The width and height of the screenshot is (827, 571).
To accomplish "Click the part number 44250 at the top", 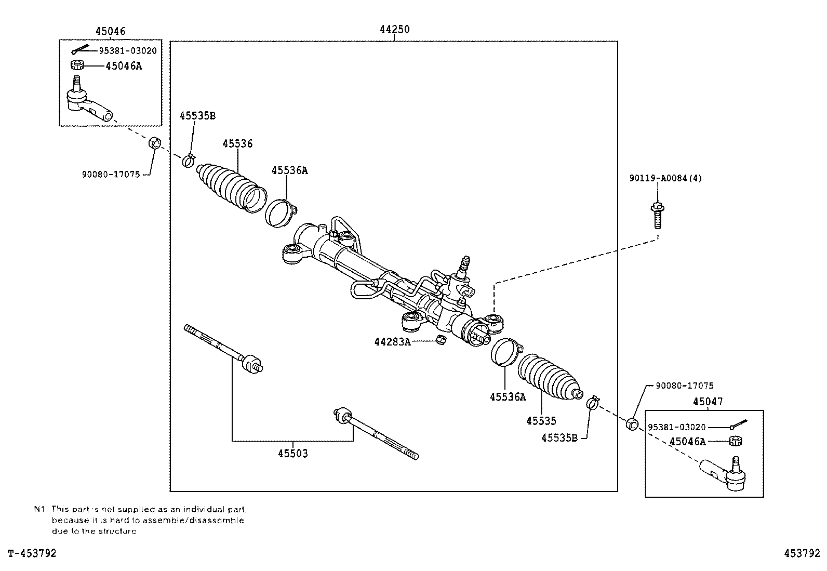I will pyautogui.click(x=394, y=30).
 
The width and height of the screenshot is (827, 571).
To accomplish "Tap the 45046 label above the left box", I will pyautogui.click(x=110, y=31).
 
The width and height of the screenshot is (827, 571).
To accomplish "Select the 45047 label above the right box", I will pyautogui.click(x=708, y=402).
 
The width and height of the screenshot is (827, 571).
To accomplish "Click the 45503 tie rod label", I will pyautogui.click(x=292, y=454).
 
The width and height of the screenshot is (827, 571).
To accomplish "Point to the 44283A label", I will pyautogui.click(x=392, y=341).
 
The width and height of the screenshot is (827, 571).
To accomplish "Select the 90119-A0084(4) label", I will pyautogui.click(x=665, y=178).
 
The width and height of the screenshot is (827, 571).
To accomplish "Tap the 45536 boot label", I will pyautogui.click(x=237, y=143).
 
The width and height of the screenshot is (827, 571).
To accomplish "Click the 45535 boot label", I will pyautogui.click(x=541, y=421).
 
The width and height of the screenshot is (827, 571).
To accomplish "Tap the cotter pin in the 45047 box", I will pyautogui.click(x=738, y=424).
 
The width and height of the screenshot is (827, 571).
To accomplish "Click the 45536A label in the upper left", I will pyautogui.click(x=289, y=170).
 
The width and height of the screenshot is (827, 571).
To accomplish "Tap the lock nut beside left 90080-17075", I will pyautogui.click(x=154, y=143).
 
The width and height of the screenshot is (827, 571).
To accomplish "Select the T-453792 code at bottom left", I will pyautogui.click(x=32, y=553).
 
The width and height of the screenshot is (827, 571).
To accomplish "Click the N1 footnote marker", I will pyautogui.click(x=40, y=509).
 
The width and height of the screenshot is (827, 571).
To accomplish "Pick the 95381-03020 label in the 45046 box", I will pyautogui.click(x=128, y=50).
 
